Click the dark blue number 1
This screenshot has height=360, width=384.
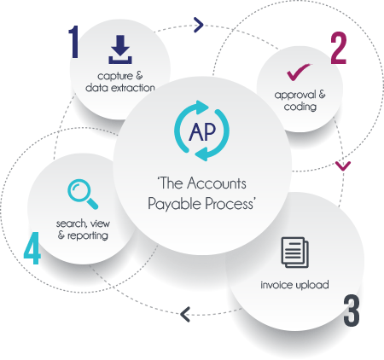click(x=74, y=42)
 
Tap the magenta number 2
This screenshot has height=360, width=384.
click(x=339, y=48)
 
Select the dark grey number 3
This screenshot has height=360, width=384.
click(x=352, y=311)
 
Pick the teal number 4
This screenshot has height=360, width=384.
click(x=32, y=248)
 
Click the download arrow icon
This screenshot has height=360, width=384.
click(x=120, y=49)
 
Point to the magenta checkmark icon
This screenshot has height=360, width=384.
click(x=299, y=72)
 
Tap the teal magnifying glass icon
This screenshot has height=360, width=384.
click(x=83, y=194)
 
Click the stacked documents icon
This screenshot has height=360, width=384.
click(x=295, y=253)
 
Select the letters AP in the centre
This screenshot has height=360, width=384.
click(x=202, y=131)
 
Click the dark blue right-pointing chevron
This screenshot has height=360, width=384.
click(x=199, y=25)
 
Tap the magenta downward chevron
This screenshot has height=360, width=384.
click(x=343, y=166)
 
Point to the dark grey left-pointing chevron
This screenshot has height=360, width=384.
click(x=185, y=314)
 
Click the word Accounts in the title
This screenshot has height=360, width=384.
click(x=217, y=183)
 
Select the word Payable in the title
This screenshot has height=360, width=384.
click(x=175, y=204)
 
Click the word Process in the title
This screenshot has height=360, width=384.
click(x=229, y=204)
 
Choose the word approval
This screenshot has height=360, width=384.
click(x=295, y=95)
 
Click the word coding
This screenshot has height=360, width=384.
click(x=300, y=107)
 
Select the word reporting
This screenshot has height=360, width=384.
click(x=88, y=235)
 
